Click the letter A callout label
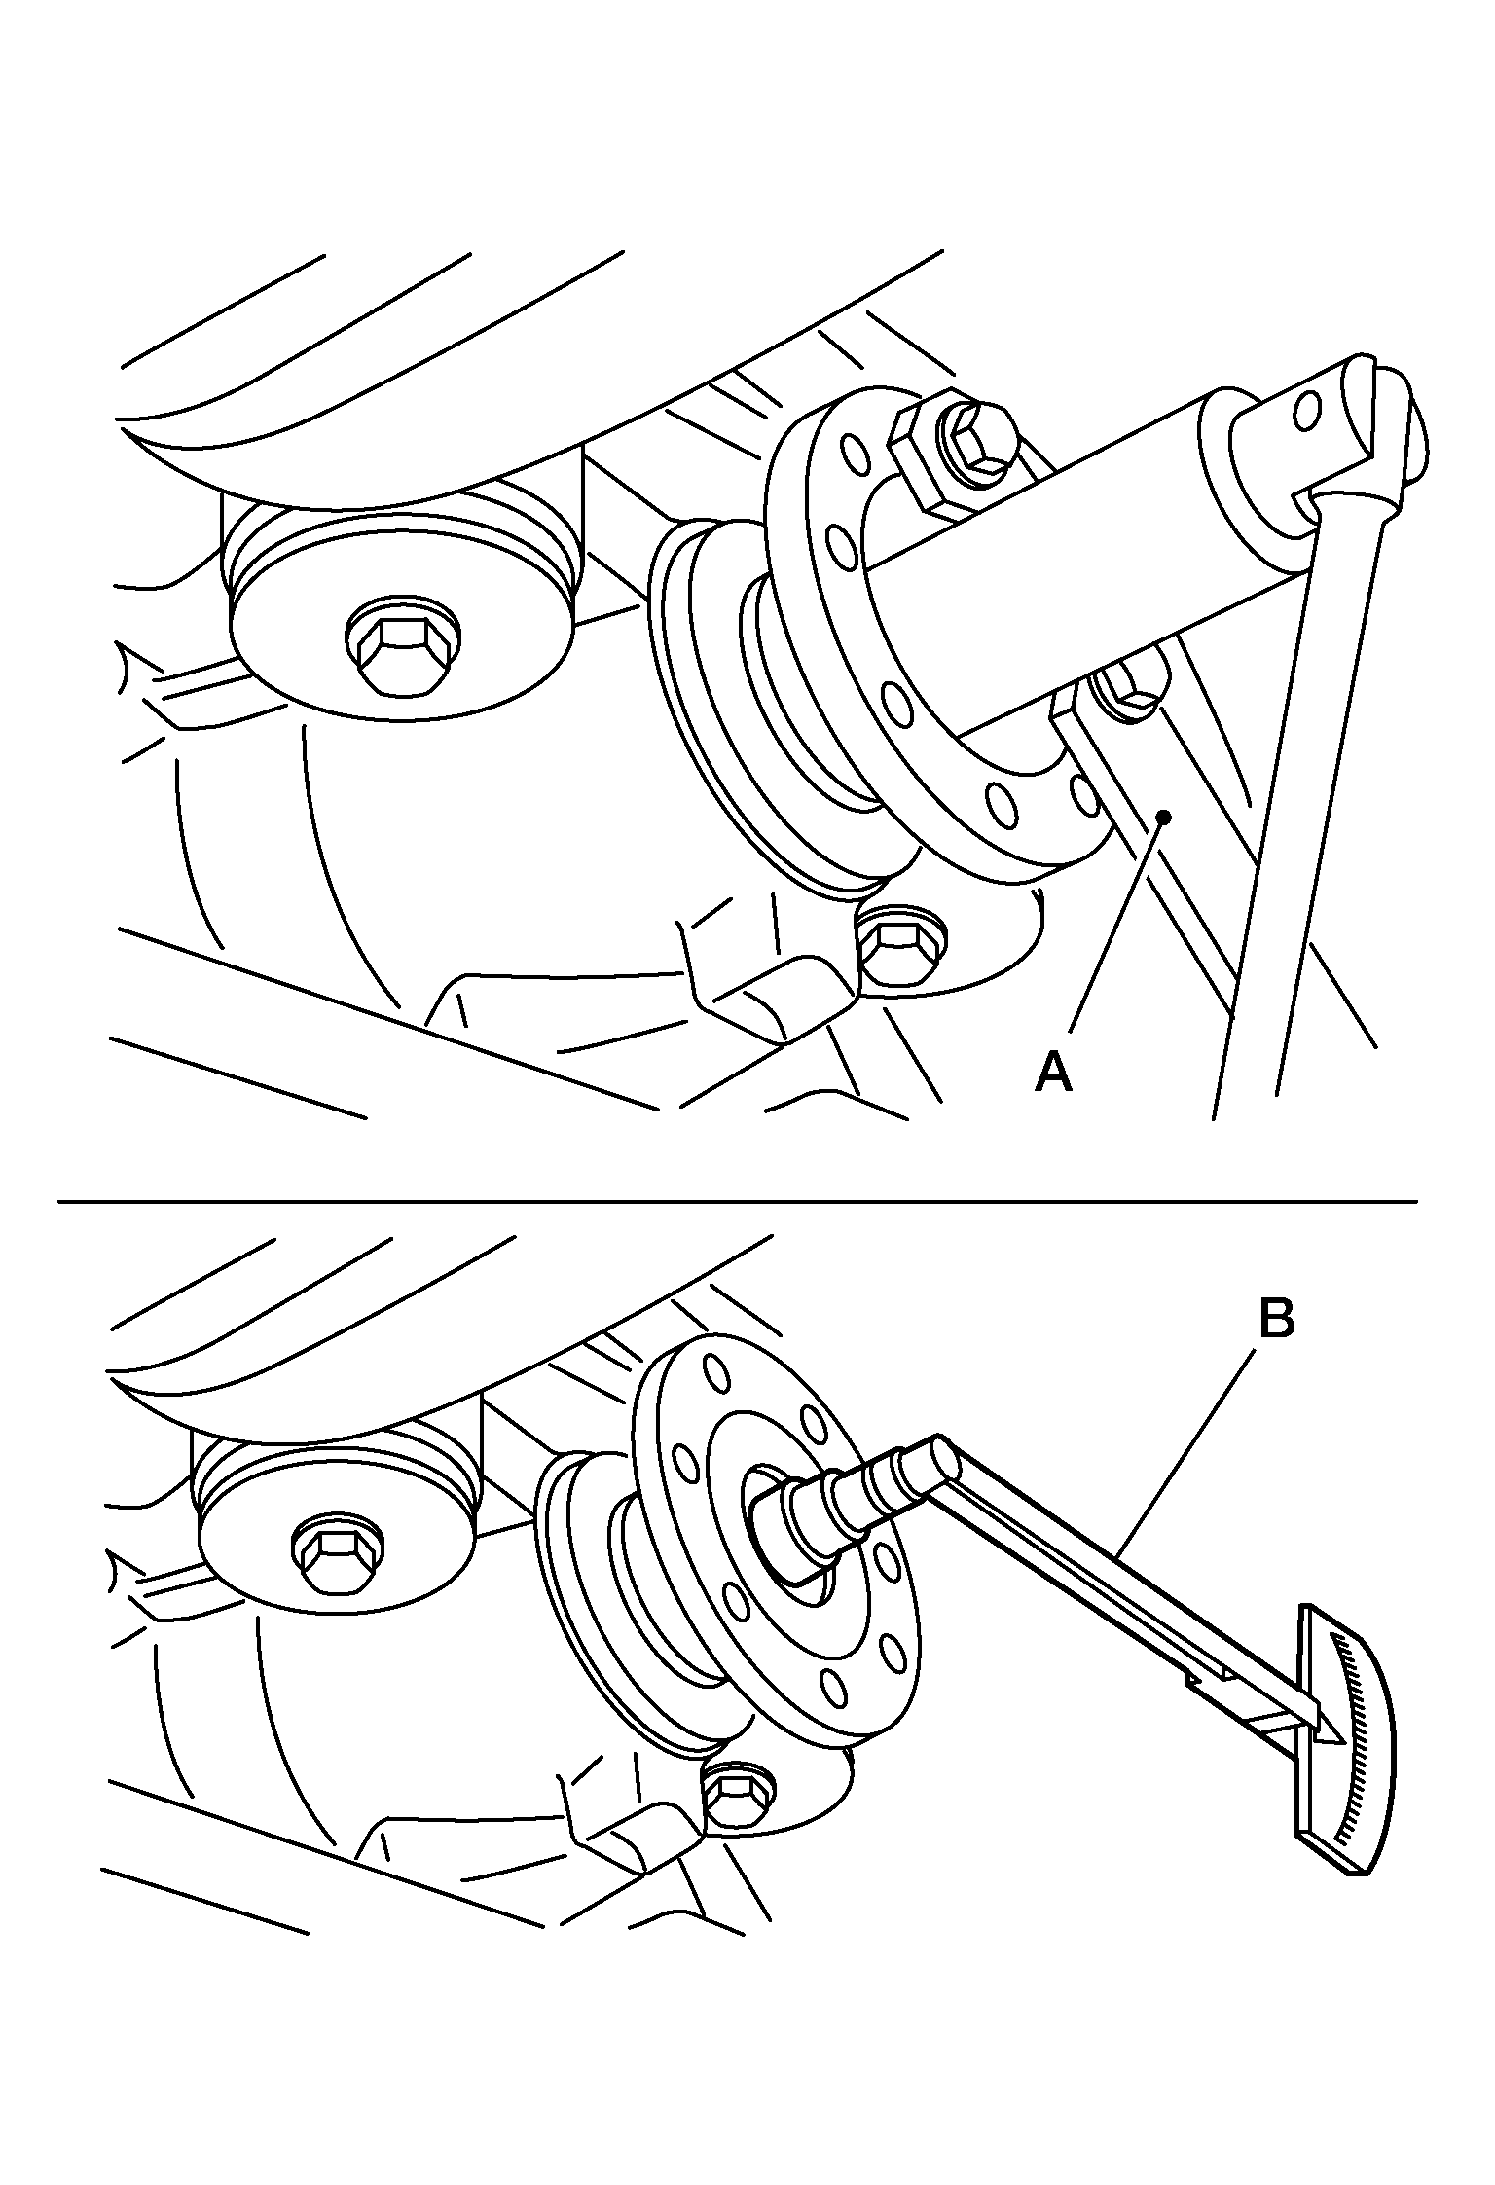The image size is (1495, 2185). pyautogui.click(x=1054, y=1074)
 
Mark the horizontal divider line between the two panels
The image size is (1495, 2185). pyautogui.click(x=737, y=1203)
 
